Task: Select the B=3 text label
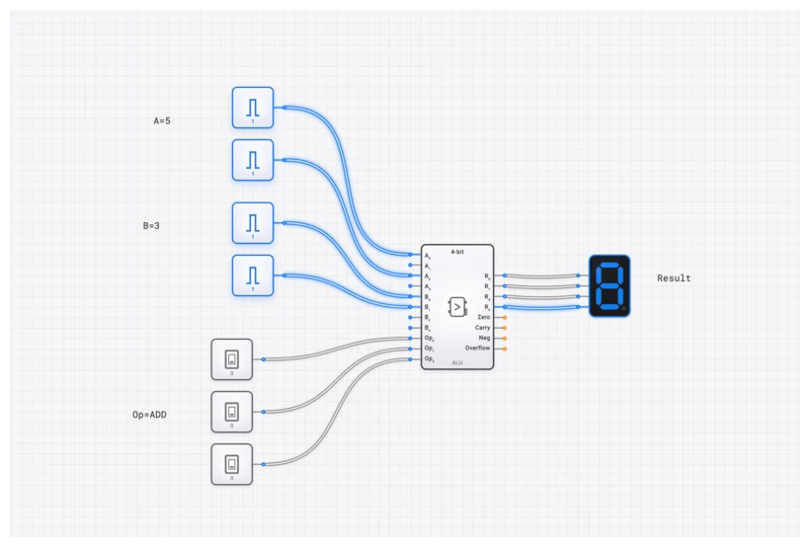click(151, 226)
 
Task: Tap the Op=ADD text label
click(149, 415)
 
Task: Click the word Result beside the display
click(674, 278)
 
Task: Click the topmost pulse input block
click(253, 107)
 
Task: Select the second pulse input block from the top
click(253, 160)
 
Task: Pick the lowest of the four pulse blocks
click(253, 274)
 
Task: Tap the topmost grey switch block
click(232, 359)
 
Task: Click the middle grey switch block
click(232, 412)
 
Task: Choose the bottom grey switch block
click(232, 464)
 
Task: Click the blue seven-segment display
click(609, 286)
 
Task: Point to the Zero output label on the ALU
click(483, 317)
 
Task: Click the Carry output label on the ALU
click(482, 327)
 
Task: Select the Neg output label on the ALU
click(484, 338)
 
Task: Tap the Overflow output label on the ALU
click(477, 349)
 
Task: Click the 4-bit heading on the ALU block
click(457, 251)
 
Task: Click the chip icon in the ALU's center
click(457, 306)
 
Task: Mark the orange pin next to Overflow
click(505, 349)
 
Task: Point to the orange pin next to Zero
click(505, 317)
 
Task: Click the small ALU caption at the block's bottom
click(457, 363)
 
